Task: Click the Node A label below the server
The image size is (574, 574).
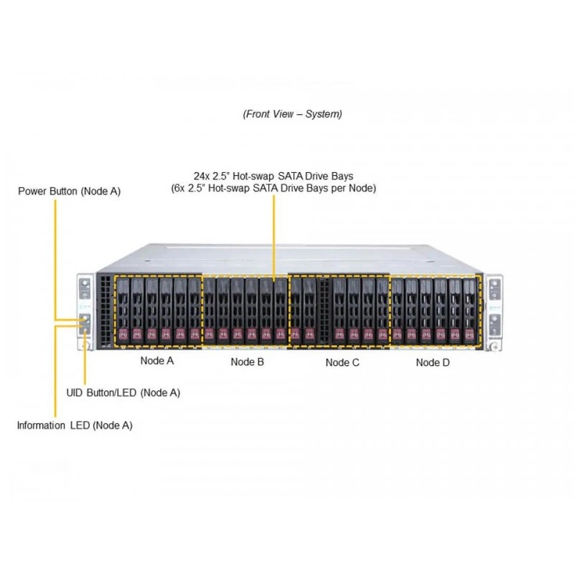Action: (x=157, y=361)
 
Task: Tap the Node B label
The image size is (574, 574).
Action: (x=247, y=362)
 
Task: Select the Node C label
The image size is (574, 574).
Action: (x=342, y=362)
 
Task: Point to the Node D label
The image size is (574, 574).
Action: (x=433, y=362)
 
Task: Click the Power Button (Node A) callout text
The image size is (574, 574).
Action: (x=69, y=191)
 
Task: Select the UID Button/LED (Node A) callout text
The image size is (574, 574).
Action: (x=123, y=392)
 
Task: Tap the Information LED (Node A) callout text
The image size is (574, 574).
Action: (x=75, y=425)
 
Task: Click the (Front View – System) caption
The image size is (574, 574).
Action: (x=293, y=114)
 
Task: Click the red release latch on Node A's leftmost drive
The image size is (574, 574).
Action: (x=123, y=334)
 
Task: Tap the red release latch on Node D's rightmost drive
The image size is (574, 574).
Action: (x=469, y=334)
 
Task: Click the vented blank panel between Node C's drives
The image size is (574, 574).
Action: (x=324, y=311)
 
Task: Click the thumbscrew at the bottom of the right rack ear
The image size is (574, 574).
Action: (x=494, y=346)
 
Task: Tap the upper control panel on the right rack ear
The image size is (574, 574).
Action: (x=494, y=289)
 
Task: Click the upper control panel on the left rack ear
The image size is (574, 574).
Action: (x=85, y=289)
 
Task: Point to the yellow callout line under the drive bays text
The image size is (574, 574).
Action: (x=274, y=238)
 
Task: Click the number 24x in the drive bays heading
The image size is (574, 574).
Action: (x=202, y=176)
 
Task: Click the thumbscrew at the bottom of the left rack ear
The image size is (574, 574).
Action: (x=85, y=345)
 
